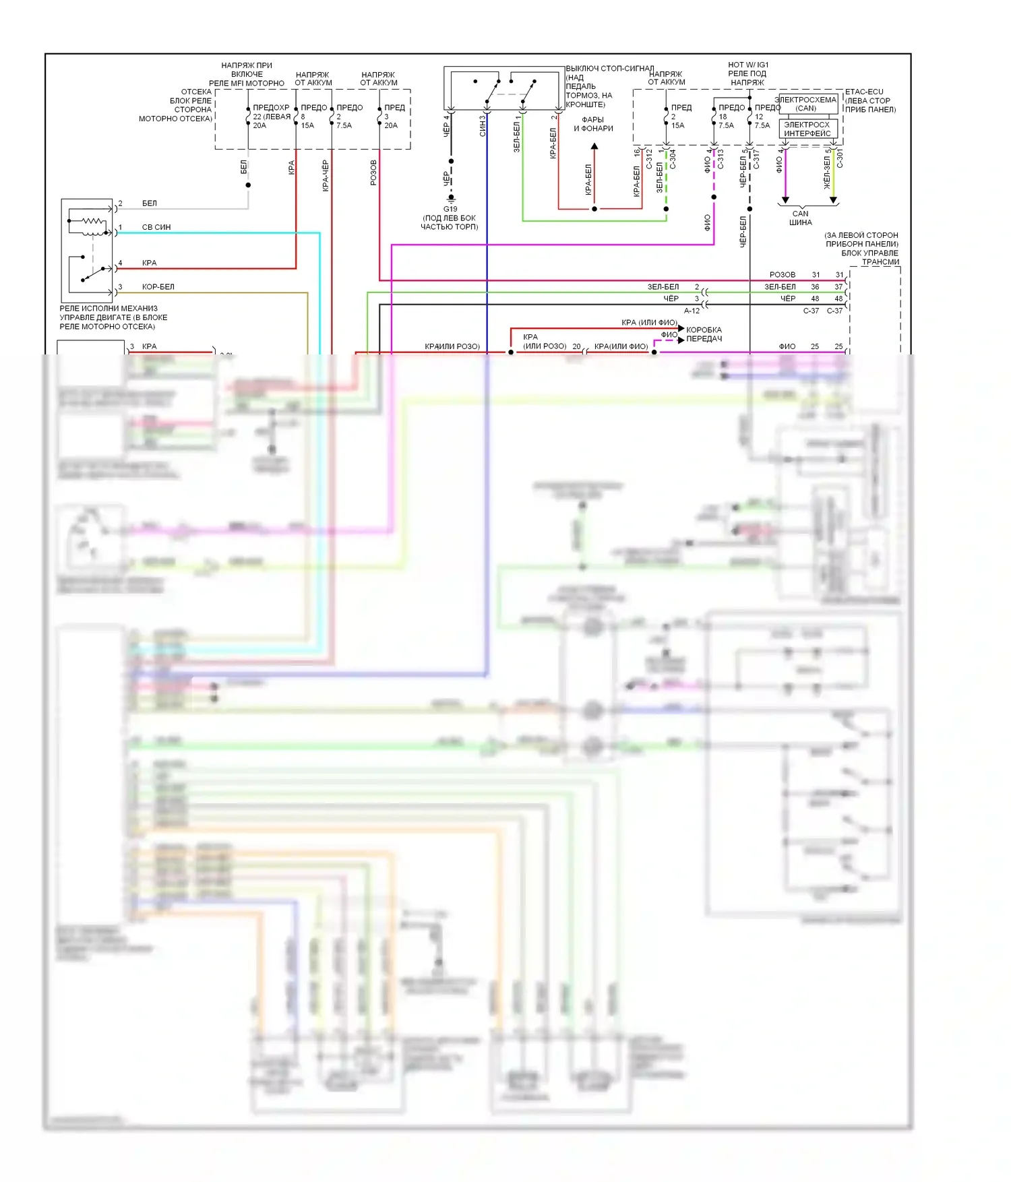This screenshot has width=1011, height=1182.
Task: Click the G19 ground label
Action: (450, 209)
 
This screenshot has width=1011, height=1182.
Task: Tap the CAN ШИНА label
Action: (800, 218)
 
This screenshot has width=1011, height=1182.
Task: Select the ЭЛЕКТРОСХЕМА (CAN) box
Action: (806, 104)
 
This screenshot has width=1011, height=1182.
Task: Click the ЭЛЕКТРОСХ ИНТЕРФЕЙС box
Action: (807, 129)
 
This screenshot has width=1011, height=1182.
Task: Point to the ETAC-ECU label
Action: (864, 92)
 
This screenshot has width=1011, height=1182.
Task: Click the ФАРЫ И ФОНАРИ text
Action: (593, 124)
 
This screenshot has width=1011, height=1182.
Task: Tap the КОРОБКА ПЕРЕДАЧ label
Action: (704, 334)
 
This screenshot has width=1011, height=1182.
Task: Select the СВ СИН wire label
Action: (156, 227)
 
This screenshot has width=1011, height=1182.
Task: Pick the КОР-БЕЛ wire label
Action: (158, 286)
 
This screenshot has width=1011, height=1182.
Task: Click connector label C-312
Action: (649, 159)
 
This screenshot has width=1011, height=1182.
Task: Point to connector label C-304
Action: (673, 159)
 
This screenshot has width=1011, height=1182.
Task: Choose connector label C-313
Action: (720, 159)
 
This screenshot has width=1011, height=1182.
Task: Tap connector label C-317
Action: (756, 159)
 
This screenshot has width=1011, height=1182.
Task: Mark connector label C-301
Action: (840, 159)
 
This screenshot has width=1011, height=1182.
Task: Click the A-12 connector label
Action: (692, 311)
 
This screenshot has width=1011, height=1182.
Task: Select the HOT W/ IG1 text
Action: (748, 65)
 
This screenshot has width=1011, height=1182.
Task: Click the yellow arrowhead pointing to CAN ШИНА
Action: (833, 200)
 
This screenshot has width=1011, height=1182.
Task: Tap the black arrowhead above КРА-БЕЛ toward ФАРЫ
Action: (594, 146)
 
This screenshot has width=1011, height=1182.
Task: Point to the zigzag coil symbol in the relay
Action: (94, 221)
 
